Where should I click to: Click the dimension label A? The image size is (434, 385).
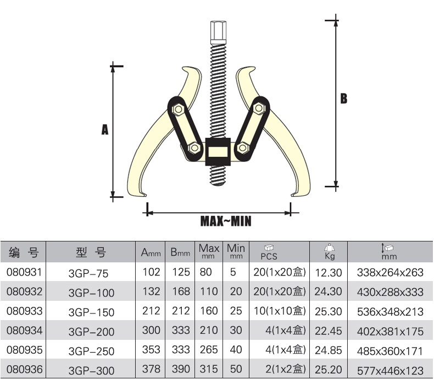(104, 129)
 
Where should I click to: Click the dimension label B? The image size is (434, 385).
(343, 98)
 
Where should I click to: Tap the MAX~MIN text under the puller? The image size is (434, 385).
(226, 221)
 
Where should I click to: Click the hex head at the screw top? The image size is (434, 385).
(218, 32)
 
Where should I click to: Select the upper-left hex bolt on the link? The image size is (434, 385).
(177, 109)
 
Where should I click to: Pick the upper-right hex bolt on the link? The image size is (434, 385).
(259, 108)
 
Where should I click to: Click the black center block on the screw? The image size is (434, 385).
(218, 152)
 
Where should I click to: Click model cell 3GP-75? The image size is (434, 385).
(88, 273)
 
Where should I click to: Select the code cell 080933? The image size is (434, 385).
(24, 311)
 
